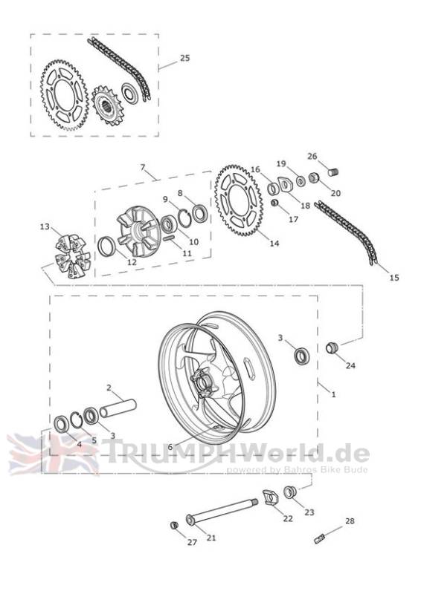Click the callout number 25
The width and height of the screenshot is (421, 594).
click(x=184, y=58)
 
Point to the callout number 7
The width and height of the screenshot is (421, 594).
click(x=143, y=167)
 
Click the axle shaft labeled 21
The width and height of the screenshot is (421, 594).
click(x=222, y=511)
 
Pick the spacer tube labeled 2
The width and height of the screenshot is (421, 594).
click(x=118, y=407)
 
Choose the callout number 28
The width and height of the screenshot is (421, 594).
click(x=350, y=521)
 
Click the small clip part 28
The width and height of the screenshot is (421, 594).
click(x=320, y=538)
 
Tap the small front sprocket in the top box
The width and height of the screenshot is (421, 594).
click(x=106, y=104)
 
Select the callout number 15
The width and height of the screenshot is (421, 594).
click(x=394, y=278)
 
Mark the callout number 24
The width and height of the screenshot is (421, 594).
click(x=350, y=365)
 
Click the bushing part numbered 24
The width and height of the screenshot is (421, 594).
click(x=332, y=347)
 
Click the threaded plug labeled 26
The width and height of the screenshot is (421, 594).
click(x=333, y=172)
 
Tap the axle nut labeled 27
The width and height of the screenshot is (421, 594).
click(x=174, y=525)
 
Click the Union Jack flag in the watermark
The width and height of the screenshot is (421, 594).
click(x=53, y=454)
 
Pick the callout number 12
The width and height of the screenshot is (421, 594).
click(x=132, y=262)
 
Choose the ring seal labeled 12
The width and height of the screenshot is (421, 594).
click(x=106, y=246)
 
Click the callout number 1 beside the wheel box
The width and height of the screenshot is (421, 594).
click(x=333, y=394)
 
